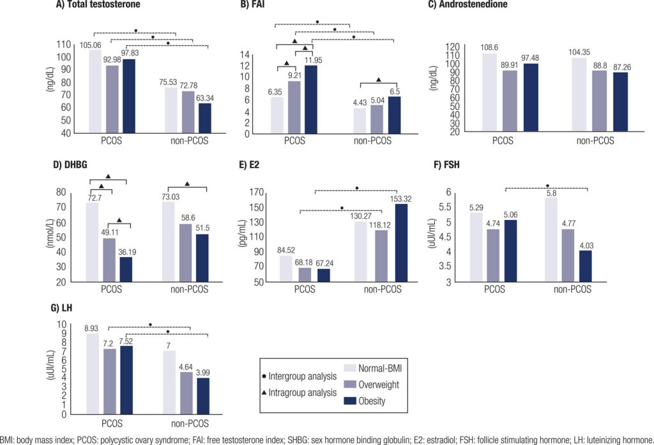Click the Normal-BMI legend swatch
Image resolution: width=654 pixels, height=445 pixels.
[x=351, y=368]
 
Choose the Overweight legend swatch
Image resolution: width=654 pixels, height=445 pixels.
[x=351, y=385]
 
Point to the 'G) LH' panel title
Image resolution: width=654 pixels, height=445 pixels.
[x=60, y=308]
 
